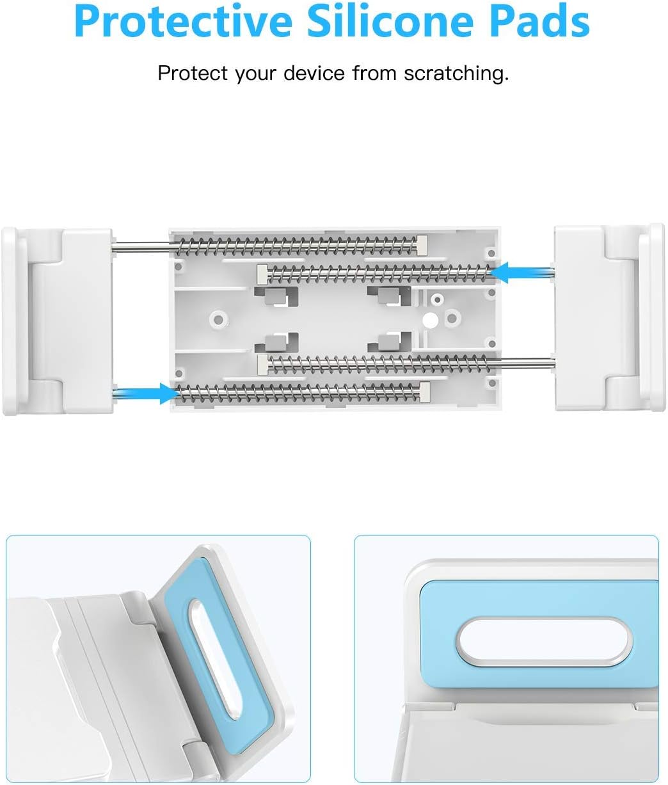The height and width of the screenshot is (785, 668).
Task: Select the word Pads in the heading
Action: pyautogui.click(x=541, y=23)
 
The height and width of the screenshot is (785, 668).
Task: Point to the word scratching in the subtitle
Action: pyautogui.click(x=456, y=74)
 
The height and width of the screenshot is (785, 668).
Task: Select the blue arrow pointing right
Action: pyautogui.click(x=147, y=392)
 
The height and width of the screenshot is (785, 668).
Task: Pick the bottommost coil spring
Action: pyautogui.click(x=298, y=392)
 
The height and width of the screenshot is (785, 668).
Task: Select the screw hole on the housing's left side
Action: pyautogui.click(x=218, y=317)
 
